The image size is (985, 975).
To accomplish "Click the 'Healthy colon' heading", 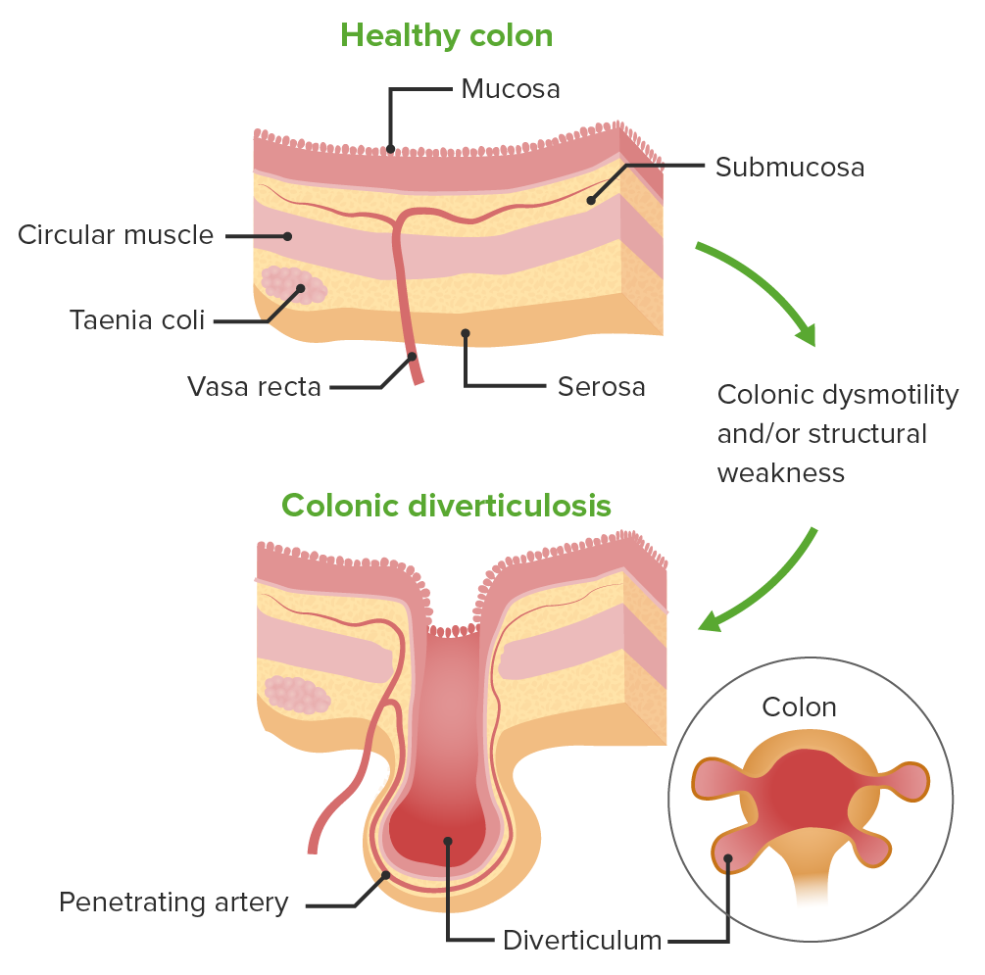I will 446,36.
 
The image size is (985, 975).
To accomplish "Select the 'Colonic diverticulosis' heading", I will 446,506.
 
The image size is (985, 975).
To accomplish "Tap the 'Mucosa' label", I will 511,89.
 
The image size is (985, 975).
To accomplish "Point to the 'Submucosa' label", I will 790,167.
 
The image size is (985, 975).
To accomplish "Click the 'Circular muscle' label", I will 116,235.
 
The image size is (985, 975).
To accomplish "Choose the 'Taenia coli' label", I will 137,320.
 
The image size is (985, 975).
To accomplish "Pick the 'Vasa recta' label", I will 254,387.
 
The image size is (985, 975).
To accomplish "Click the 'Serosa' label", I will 601,386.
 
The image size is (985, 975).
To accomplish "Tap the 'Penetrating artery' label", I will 173,902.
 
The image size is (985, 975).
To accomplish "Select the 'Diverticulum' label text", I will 582,942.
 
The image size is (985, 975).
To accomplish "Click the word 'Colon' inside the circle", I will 799,707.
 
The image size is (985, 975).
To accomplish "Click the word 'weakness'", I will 780,472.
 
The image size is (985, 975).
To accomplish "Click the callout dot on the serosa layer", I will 466,333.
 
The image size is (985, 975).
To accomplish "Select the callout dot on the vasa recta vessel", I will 413,356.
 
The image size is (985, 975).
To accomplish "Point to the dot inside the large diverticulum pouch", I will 447,841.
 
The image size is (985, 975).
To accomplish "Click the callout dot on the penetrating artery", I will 385,875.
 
